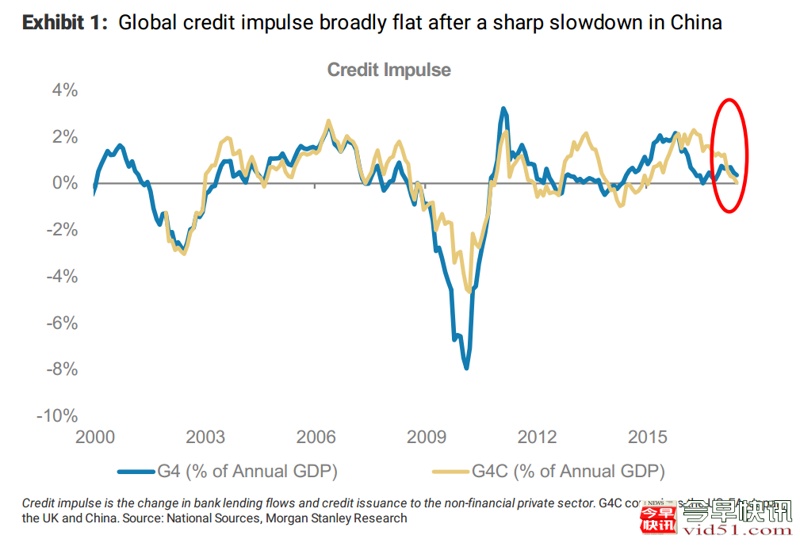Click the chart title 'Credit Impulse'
tap(389, 70)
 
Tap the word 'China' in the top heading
tap(695, 22)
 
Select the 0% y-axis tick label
tap(64, 183)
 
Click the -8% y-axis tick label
tap(62, 369)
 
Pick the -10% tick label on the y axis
tap(58, 416)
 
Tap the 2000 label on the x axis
tap(94, 438)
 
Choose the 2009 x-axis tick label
tap(426, 438)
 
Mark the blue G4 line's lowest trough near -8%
tap(466, 367)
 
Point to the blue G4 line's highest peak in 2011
tap(503, 109)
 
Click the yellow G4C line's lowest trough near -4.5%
tap(470, 291)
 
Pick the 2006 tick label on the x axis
tap(316, 438)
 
